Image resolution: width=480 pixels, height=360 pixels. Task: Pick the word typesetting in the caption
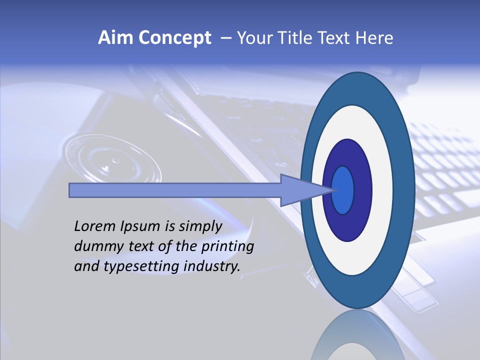(131, 267)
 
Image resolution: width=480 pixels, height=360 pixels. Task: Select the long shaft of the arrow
(175, 190)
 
